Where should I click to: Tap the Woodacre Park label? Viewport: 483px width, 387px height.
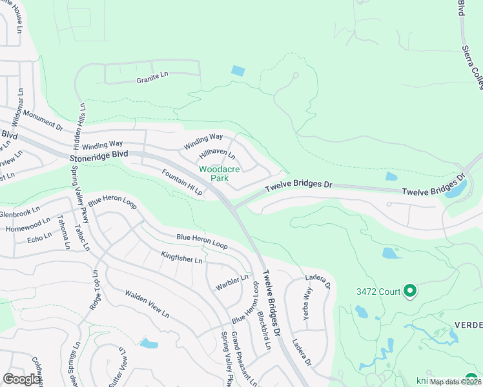tap(219, 174)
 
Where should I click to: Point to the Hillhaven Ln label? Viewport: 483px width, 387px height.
tap(218, 154)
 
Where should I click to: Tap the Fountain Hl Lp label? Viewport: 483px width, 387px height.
tap(183, 183)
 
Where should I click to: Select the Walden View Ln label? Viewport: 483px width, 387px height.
tap(147, 304)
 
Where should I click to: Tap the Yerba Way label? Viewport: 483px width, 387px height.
tap(308, 299)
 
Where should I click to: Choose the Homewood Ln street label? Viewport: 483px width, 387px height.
tap(28, 225)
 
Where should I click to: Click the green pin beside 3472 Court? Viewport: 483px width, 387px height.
tap(409, 292)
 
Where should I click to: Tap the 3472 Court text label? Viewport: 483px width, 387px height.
tap(378, 292)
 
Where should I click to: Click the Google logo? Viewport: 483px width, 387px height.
tap(21, 379)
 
